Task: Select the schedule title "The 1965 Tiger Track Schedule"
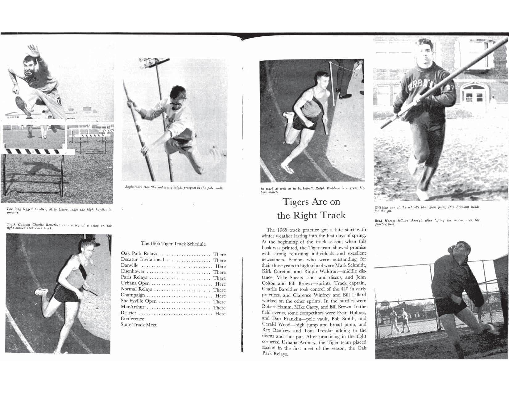point(173,244)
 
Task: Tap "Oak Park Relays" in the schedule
point(139,254)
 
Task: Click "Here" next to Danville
point(221,266)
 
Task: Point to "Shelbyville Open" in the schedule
point(139,301)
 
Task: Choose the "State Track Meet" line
point(139,325)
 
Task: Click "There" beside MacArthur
point(219,308)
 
